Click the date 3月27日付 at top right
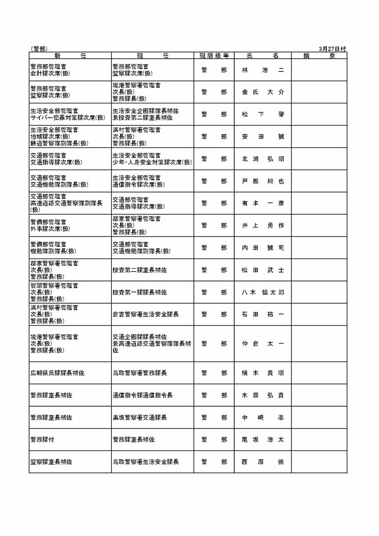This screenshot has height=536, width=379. click(333, 49)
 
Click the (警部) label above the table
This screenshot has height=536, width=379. click(38, 49)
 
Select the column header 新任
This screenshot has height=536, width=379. click(70, 56)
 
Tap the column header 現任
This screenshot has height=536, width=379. click(152, 56)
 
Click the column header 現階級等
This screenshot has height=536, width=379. click(214, 56)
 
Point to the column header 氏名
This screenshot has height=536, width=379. click(262, 56)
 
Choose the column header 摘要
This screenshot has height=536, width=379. click(319, 56)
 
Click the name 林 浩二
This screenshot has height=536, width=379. click(262, 70)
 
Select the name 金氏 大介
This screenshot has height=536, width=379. click(262, 92)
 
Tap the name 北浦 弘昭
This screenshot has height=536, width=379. click(262, 159)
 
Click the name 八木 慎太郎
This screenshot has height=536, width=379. click(262, 293)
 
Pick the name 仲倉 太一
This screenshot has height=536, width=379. click(262, 344)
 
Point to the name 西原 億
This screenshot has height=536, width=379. click(262, 462)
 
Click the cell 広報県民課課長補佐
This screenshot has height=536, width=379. click(57, 373)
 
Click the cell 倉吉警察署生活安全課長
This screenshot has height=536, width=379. click(146, 314)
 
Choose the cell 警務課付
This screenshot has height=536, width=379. click(42, 439)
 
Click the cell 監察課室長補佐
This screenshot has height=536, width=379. click(51, 462)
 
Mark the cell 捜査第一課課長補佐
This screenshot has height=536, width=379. click(139, 293)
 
